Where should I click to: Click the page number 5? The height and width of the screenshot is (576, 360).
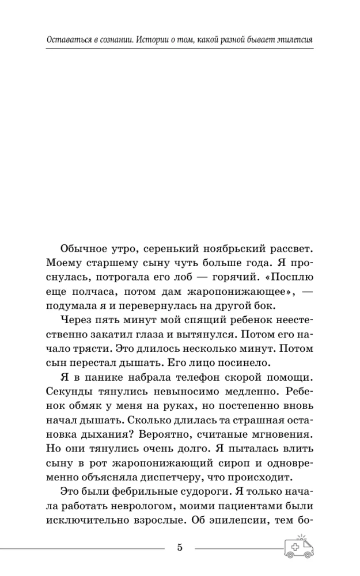pyautogui.click(x=180, y=547)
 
